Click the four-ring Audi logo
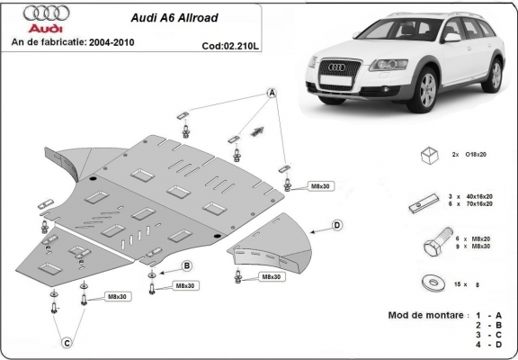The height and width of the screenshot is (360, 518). [27, 14]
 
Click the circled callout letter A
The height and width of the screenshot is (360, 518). [272, 93]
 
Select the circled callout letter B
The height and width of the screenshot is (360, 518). [186, 265]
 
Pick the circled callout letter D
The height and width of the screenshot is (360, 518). [336, 224]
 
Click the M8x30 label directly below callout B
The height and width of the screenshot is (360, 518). [186, 285]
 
